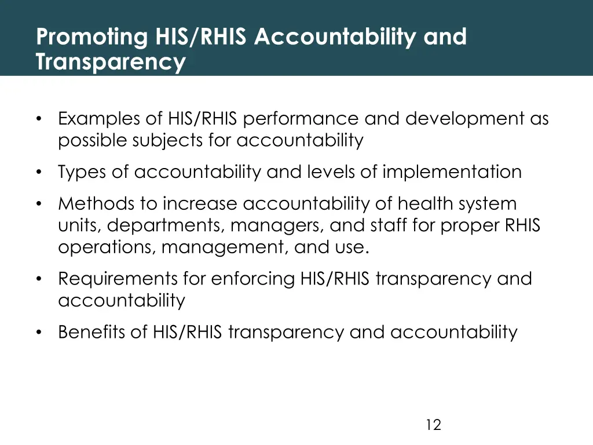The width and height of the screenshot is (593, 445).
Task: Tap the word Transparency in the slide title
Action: click(111, 61)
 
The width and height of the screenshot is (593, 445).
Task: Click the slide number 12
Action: click(433, 425)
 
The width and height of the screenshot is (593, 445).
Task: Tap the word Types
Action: click(85, 172)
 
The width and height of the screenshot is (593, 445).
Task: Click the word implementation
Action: click(452, 172)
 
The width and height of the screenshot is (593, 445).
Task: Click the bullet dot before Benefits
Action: click(39, 333)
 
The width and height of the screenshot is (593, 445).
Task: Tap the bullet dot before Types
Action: click(39, 173)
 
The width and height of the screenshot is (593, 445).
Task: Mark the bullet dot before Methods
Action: click(39, 205)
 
